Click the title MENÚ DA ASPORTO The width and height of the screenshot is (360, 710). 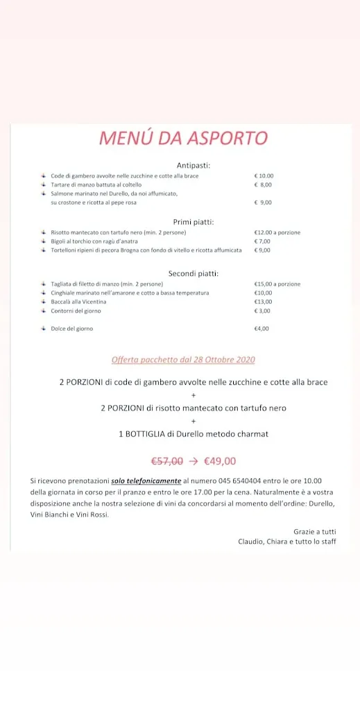[183, 138]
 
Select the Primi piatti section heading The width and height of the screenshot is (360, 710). [194, 222]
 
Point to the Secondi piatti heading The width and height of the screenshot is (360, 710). [194, 274]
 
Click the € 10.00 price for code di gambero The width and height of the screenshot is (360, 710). [264, 176]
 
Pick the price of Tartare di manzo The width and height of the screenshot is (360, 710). [263, 185]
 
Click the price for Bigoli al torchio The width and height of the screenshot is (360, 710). [262, 241]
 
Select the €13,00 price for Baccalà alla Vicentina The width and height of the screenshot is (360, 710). [263, 302]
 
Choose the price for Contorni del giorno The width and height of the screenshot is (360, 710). [262, 311]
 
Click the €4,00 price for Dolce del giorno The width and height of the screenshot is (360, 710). [262, 329]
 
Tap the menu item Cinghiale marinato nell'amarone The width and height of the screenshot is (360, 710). [130, 293]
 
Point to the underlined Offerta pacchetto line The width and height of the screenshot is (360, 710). [183, 360]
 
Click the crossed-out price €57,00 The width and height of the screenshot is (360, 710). [167, 460]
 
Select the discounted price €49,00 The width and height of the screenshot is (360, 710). [220, 460]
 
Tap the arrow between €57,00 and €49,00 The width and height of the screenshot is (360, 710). [194, 460]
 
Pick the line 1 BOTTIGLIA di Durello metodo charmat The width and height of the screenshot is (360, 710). [193, 434]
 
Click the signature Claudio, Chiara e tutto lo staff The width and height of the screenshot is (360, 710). [287, 541]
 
